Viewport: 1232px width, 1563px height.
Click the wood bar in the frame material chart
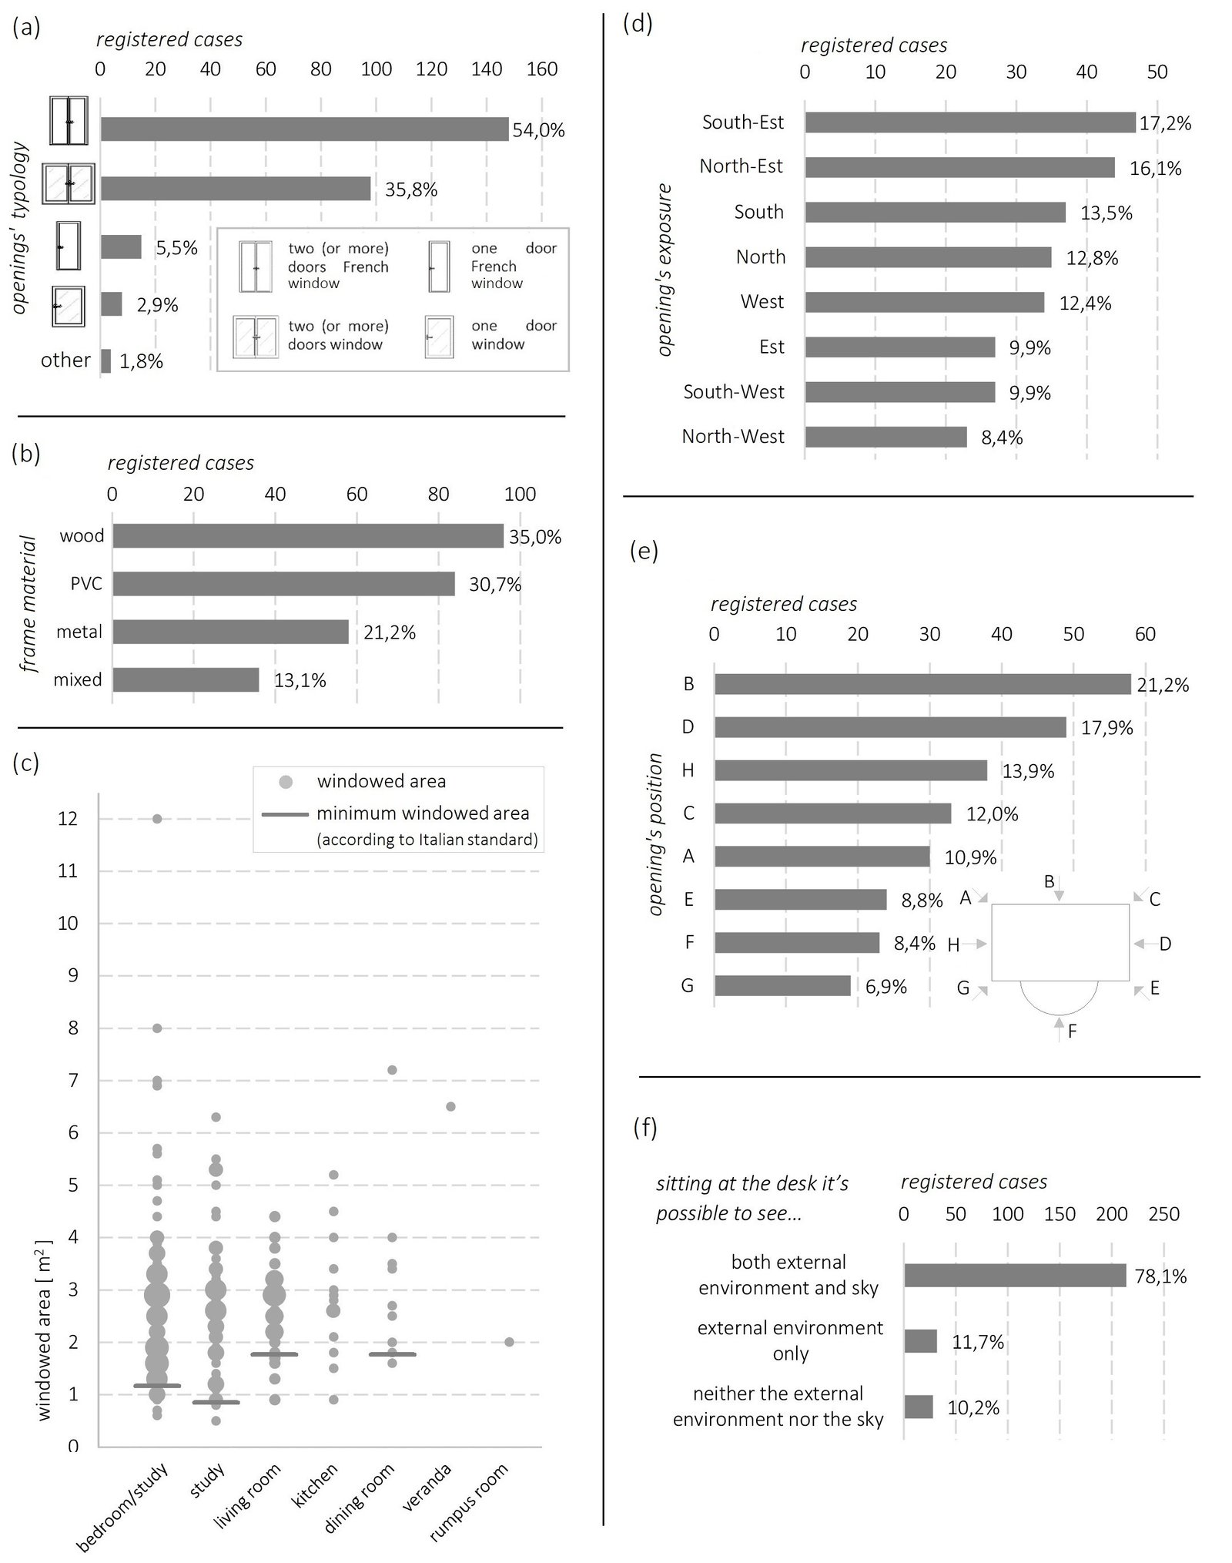pos(308,536)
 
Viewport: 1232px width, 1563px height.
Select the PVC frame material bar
pos(284,584)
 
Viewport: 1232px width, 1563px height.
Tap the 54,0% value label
pos(539,130)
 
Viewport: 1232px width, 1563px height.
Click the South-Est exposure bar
pos(970,122)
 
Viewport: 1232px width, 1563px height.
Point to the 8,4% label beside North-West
pos(1002,438)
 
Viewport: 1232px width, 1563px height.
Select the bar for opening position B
pos(922,684)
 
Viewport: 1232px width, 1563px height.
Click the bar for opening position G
pos(782,986)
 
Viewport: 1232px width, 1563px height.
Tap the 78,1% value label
pos(1160,1276)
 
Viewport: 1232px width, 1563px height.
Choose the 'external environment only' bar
pos(920,1341)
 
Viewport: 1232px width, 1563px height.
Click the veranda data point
pos(450,1107)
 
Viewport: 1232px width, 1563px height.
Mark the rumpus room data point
pos(509,1343)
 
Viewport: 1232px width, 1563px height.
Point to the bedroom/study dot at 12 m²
pos(157,819)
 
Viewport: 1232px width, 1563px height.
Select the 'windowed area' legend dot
pos(286,782)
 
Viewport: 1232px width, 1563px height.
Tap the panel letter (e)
pos(644,551)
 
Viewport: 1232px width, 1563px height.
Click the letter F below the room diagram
pos(1072,1031)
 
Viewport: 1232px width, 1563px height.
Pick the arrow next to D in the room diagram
pos(1143,944)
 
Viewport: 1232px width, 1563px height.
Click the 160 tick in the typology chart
pos(542,69)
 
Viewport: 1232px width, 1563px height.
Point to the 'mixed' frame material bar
pos(186,679)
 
